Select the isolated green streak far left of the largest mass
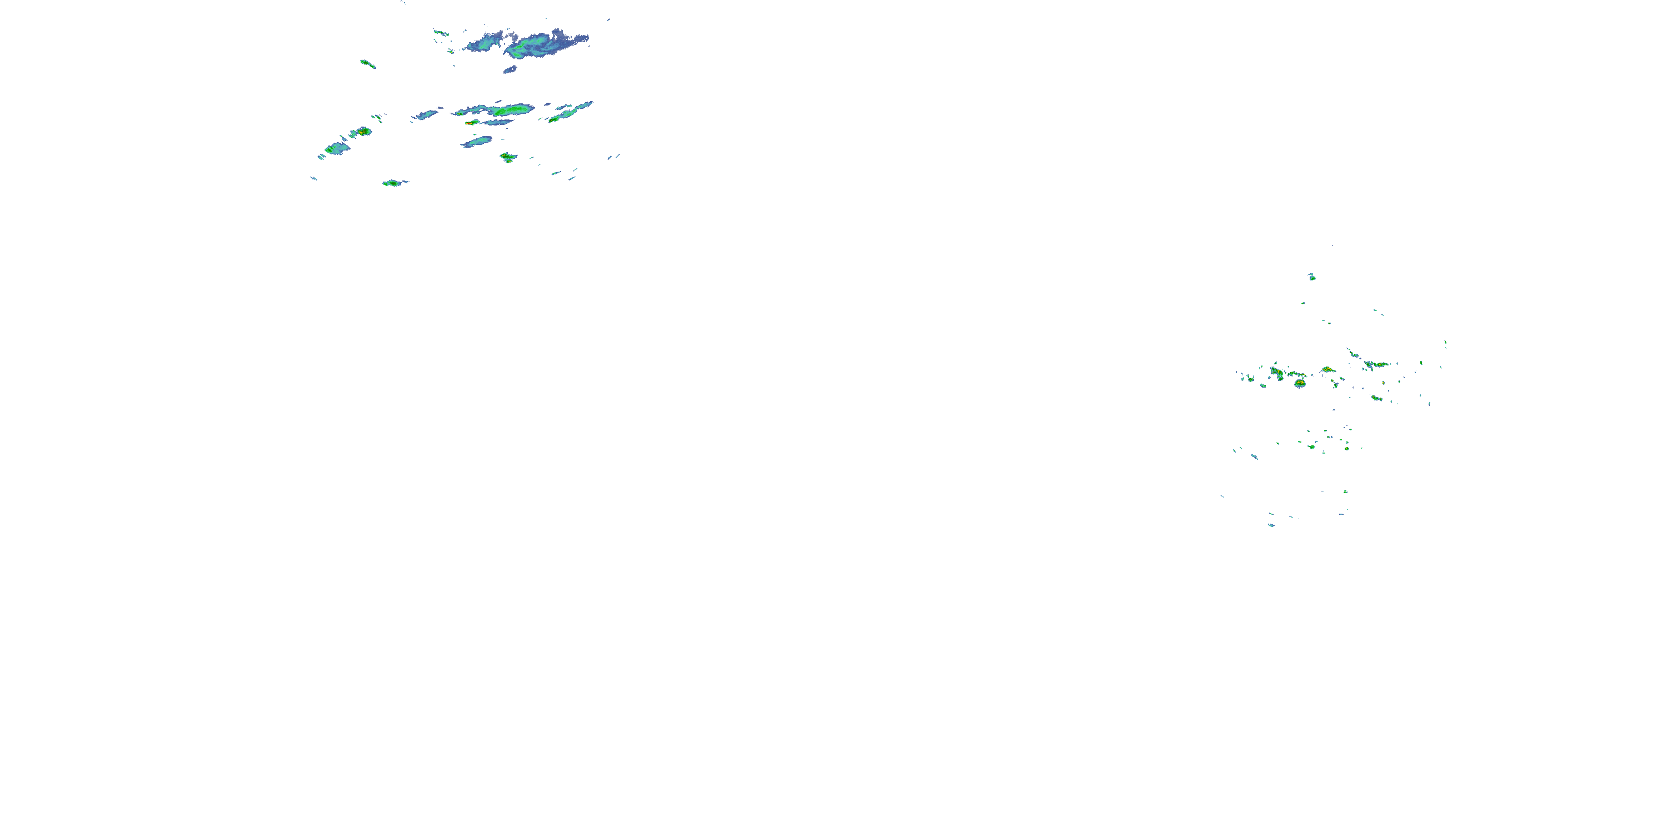[x=367, y=63]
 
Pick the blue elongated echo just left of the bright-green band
[x=427, y=115]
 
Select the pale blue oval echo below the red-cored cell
[x=477, y=141]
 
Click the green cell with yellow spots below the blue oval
[x=508, y=157]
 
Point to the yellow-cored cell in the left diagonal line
[x=364, y=131]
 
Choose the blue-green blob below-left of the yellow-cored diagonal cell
[x=337, y=149]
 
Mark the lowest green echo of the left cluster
[x=392, y=183]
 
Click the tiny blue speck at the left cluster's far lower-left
[x=314, y=178]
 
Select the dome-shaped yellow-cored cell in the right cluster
[x=1300, y=383]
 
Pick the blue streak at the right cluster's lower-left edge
[x=1254, y=456]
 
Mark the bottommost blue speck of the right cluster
[x=1271, y=525]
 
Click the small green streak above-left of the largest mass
[x=441, y=32]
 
